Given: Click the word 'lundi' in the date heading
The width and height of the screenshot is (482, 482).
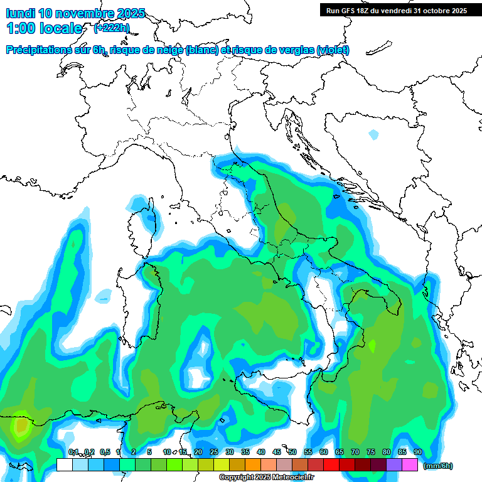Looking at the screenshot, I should click(20, 13).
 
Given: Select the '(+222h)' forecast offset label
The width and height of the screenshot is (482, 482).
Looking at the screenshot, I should click(112, 28).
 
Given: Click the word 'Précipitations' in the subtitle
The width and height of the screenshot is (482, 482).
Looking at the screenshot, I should click(47, 50).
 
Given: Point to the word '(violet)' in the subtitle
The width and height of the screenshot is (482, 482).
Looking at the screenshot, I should click(333, 50).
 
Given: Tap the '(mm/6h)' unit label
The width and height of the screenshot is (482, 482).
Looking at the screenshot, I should click(438, 466).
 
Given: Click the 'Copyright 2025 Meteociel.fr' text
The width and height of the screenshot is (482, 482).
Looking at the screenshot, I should click(267, 478).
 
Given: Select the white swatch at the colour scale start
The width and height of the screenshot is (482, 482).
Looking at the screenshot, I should click(64, 465).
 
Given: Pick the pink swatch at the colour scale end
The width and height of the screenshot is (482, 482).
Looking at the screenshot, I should click(410, 465).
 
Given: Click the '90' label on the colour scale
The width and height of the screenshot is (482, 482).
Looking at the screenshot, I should click(417, 452).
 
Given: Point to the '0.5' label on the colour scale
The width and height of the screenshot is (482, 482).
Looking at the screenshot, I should click(105, 452).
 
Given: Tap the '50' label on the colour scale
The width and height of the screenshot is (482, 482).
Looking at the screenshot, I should click(292, 452).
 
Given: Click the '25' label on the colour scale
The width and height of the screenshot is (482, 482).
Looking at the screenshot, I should click(213, 452).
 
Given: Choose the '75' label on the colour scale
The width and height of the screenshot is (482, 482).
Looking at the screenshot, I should click(370, 452).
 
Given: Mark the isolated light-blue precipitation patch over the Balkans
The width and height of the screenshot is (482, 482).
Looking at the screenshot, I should click(374, 134).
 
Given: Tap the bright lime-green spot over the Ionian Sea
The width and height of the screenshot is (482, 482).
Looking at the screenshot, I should click(372, 346).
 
